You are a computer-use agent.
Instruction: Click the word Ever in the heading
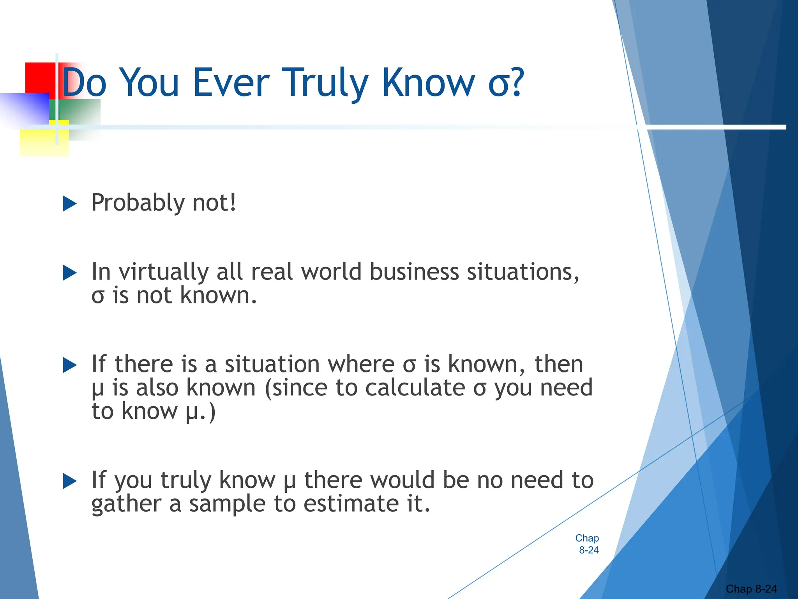pos(231,83)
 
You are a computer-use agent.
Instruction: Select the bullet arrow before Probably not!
pos(69,204)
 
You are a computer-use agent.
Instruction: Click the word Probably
pos(138,203)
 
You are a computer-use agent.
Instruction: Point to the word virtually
pos(164,272)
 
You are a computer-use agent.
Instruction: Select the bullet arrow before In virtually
pos(69,273)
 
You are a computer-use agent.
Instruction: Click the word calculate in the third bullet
pos(415,388)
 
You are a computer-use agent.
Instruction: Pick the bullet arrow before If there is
pos(69,365)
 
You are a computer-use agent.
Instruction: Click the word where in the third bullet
pos(361,364)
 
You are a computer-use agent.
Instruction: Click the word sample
pos(231,504)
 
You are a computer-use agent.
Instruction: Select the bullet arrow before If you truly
pos(69,481)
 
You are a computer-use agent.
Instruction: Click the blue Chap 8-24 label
pos(588,544)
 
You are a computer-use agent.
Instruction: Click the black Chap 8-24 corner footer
pos(751,589)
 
